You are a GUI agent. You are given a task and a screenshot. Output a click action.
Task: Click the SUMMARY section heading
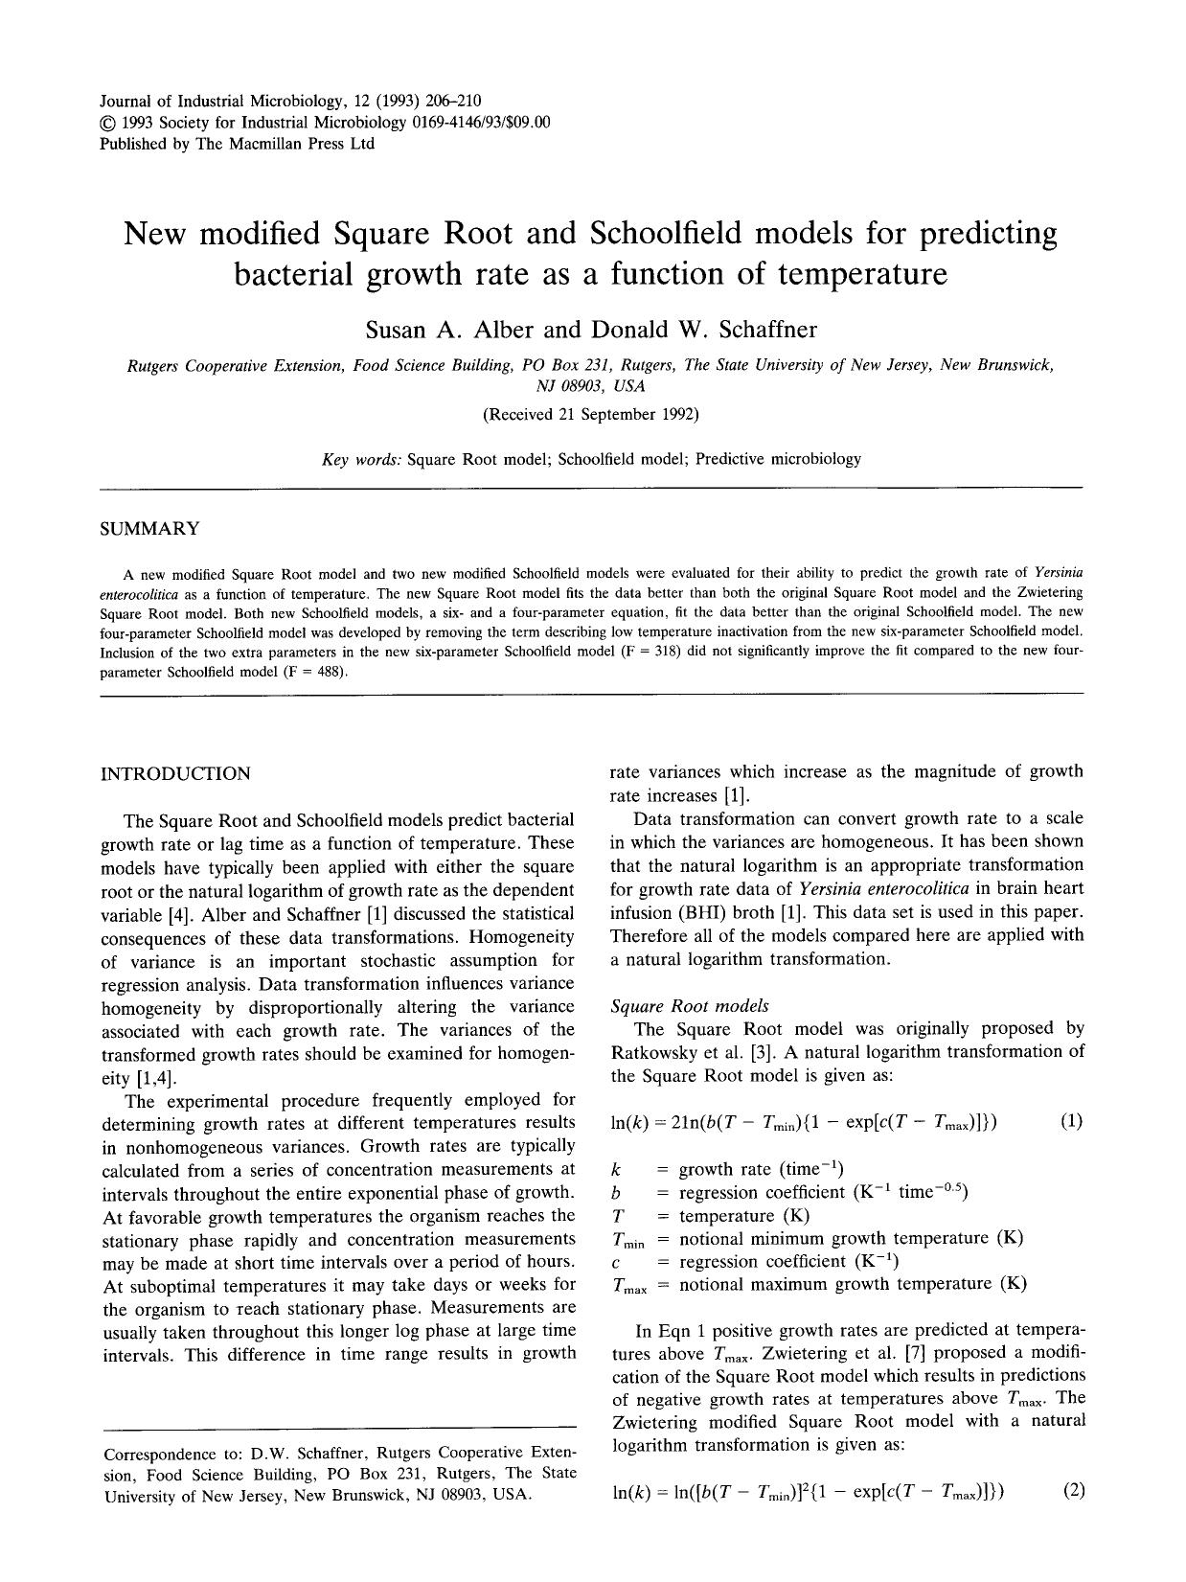coord(150,529)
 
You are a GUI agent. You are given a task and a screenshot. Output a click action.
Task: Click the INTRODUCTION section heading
coord(175,773)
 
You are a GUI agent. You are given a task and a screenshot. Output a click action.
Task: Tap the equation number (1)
coord(1072,1121)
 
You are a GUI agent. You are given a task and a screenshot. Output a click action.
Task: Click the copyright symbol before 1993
coord(107,123)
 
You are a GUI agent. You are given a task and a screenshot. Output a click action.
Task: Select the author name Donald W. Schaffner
coord(703,331)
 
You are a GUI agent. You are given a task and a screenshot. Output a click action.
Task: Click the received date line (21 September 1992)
coord(590,415)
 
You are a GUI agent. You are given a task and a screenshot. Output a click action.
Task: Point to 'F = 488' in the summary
coord(313,672)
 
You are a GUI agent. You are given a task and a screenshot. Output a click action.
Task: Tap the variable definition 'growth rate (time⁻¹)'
coord(761,1169)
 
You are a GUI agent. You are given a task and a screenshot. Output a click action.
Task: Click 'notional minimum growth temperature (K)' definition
coord(851,1238)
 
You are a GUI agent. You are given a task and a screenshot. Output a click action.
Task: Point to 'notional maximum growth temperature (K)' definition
coord(853,1284)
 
